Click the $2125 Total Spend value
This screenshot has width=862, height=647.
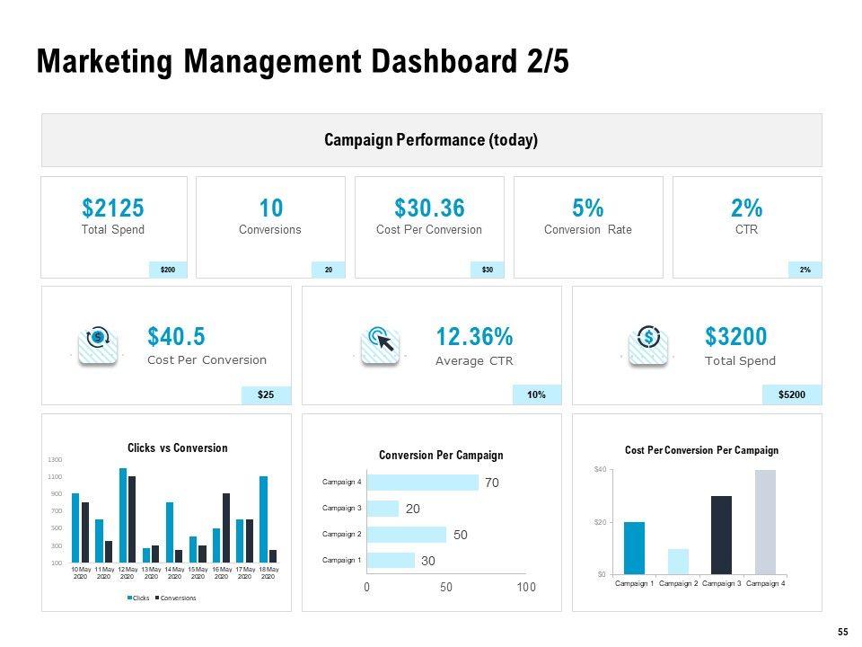pos(113,208)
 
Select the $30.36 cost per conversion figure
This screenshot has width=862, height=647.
pos(429,208)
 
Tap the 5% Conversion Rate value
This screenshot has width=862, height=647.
pos(587,208)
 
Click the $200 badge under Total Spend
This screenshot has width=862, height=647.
pos(168,270)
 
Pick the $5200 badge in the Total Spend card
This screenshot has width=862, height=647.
pos(792,394)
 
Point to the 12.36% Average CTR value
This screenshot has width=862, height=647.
pos(474,337)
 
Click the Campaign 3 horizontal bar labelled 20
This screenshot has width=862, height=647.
pos(383,509)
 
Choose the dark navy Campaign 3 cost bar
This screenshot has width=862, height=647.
pos(721,535)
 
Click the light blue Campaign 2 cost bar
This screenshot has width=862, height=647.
pos(678,561)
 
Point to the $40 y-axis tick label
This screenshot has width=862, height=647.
pos(601,469)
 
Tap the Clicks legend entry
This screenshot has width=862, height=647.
pos(138,598)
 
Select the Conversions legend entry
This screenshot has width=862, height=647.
pos(175,598)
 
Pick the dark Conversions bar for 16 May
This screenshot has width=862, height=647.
pos(226,528)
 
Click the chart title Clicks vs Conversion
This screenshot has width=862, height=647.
pos(177,448)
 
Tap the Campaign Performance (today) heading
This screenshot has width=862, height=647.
pos(431,140)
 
